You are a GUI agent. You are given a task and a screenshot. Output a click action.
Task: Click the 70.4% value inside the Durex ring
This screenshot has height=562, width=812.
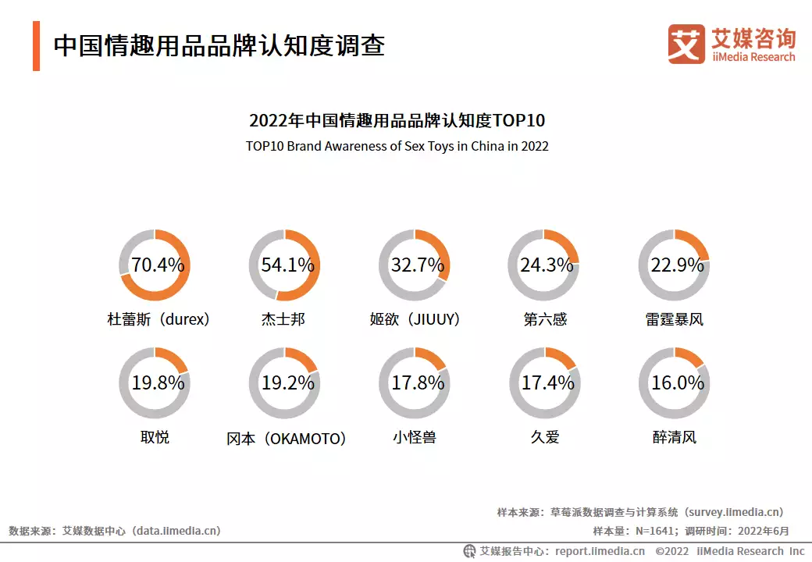tap(157, 265)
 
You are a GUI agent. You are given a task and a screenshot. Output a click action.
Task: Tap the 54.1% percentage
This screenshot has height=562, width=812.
tap(287, 265)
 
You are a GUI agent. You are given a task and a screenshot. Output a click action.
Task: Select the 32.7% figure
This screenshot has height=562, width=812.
tap(417, 265)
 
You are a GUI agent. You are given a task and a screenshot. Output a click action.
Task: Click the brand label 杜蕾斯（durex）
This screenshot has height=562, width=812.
tap(158, 319)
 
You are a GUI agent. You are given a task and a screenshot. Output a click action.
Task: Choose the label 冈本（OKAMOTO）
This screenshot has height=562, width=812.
tap(287, 438)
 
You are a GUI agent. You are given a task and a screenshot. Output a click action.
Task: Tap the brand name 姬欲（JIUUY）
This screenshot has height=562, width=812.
tap(415, 319)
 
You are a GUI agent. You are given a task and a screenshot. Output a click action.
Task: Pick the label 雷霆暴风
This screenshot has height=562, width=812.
tap(675, 319)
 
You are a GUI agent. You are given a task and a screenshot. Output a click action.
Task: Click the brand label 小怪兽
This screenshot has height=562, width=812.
tap(415, 437)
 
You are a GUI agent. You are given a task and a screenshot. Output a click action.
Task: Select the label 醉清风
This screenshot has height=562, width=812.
tap(675, 437)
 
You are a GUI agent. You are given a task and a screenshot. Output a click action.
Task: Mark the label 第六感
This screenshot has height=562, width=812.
tap(545, 319)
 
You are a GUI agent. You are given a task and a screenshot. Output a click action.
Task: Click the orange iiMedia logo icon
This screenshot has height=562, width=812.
tap(686, 44)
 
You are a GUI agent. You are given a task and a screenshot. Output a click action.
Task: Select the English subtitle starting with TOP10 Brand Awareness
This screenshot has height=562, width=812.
tap(397, 146)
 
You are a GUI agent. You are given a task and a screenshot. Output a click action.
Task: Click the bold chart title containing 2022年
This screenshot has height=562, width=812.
tap(397, 121)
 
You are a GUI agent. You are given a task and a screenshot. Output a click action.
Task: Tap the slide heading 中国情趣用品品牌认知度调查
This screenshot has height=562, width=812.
tap(219, 45)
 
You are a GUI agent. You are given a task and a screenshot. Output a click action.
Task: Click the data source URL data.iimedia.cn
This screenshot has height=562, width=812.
tap(176, 531)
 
